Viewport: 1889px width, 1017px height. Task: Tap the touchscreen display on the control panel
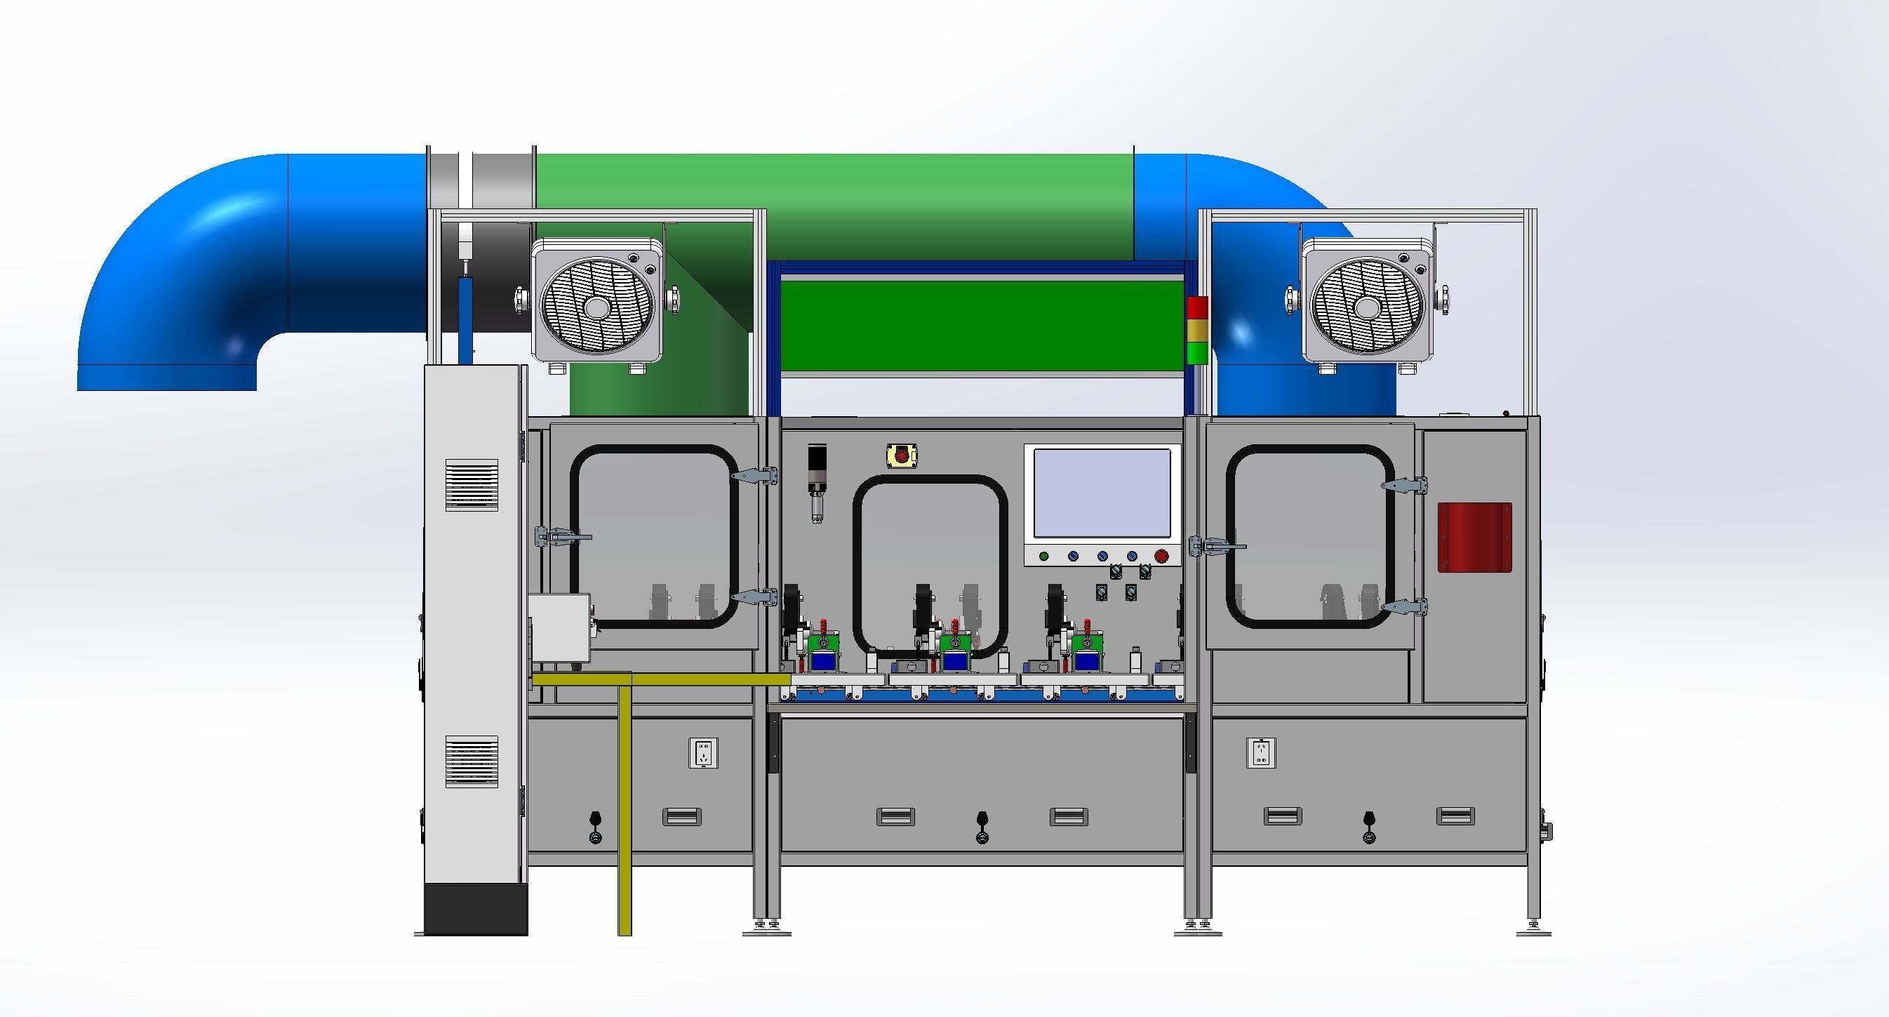pyautogui.click(x=1102, y=493)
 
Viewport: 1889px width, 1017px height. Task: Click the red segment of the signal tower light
pyautogui.click(x=1196, y=308)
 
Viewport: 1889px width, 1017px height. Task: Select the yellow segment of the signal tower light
pyautogui.click(x=1196, y=331)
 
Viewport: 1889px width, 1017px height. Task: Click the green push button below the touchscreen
pyautogui.click(x=1043, y=557)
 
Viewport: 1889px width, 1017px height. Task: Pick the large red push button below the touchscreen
pyautogui.click(x=1161, y=557)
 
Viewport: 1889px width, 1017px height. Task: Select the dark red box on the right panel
pyautogui.click(x=1474, y=537)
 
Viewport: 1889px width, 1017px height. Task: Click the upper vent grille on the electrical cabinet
pyautogui.click(x=472, y=485)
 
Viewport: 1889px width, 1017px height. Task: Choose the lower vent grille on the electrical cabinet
pyautogui.click(x=472, y=762)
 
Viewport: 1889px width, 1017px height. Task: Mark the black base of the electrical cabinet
pyautogui.click(x=476, y=909)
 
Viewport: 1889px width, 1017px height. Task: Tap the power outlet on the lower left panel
pyautogui.click(x=703, y=753)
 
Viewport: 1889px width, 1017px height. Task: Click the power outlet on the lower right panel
pyautogui.click(x=1261, y=752)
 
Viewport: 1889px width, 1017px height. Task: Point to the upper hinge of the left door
pyautogui.click(x=755, y=476)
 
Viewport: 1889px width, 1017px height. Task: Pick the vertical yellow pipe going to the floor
pyautogui.click(x=625, y=806)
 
